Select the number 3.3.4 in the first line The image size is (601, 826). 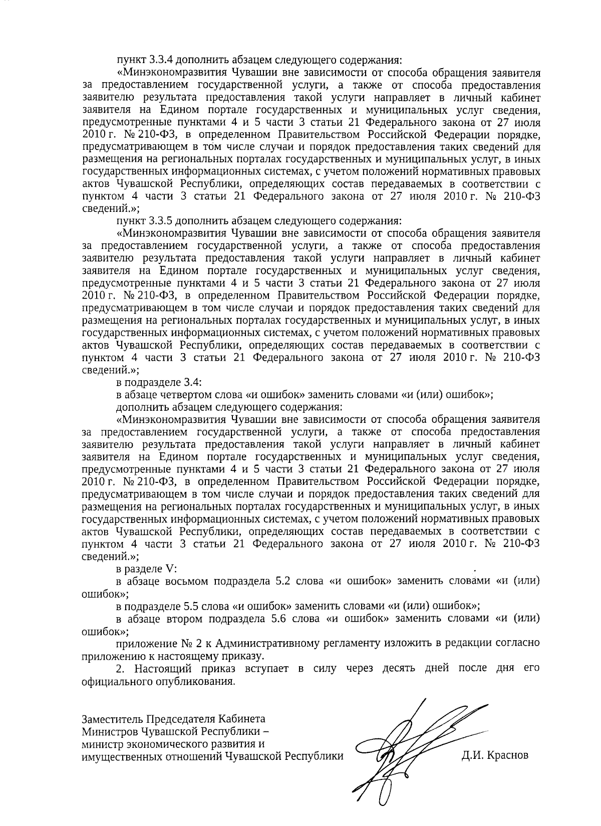pyautogui.click(x=160, y=60)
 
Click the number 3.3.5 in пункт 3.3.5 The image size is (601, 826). pyautogui.click(x=160, y=220)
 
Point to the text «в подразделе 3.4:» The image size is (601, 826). pyautogui.click(x=159, y=382)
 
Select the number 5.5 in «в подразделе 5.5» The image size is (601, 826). pyautogui.click(x=194, y=606)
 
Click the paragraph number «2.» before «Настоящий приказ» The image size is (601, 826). pyautogui.click(x=120, y=669)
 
